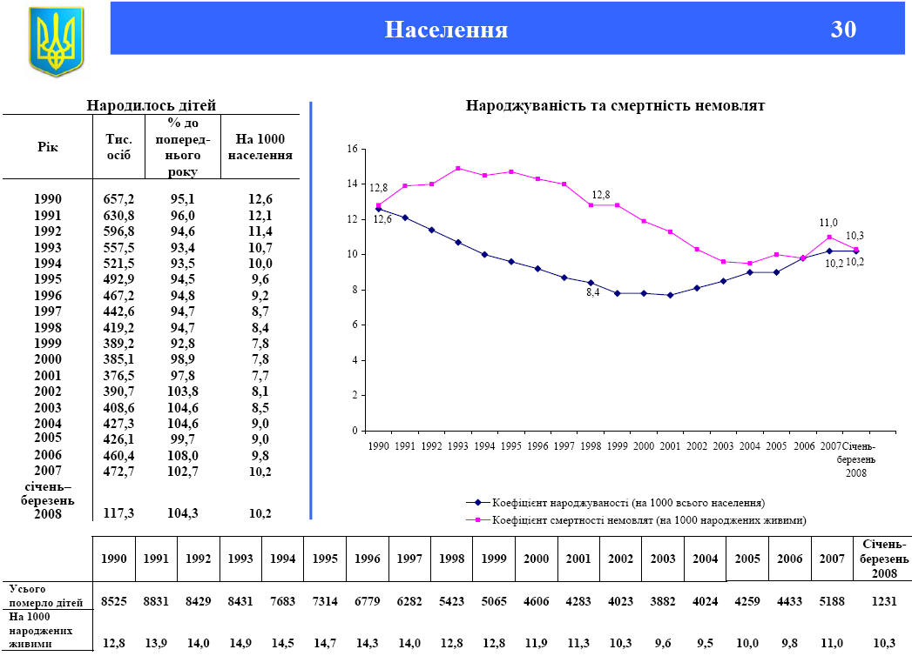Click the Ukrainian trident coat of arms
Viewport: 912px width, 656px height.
pyautogui.click(x=56, y=40)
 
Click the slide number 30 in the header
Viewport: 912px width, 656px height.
pyautogui.click(x=843, y=30)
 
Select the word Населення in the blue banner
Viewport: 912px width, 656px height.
pyautogui.click(x=446, y=30)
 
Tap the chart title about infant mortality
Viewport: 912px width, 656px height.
pyautogui.click(x=615, y=106)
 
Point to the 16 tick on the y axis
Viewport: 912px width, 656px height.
pyautogui.click(x=352, y=150)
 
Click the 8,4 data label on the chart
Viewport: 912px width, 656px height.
pyautogui.click(x=592, y=293)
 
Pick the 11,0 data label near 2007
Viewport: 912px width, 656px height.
pyautogui.click(x=828, y=223)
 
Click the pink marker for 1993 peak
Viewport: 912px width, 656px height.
pyautogui.click(x=458, y=168)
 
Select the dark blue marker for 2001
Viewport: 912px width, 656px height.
pyautogui.click(x=670, y=295)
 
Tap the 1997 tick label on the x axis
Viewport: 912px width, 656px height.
pyautogui.click(x=564, y=445)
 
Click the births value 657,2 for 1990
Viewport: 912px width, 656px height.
pyautogui.click(x=118, y=199)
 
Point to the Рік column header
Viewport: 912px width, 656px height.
pyautogui.click(x=47, y=146)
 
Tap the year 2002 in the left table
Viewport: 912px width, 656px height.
pyautogui.click(x=47, y=392)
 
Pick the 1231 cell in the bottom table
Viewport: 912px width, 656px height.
pyautogui.click(x=884, y=601)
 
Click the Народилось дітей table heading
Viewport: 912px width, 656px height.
pyautogui.click(x=152, y=105)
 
